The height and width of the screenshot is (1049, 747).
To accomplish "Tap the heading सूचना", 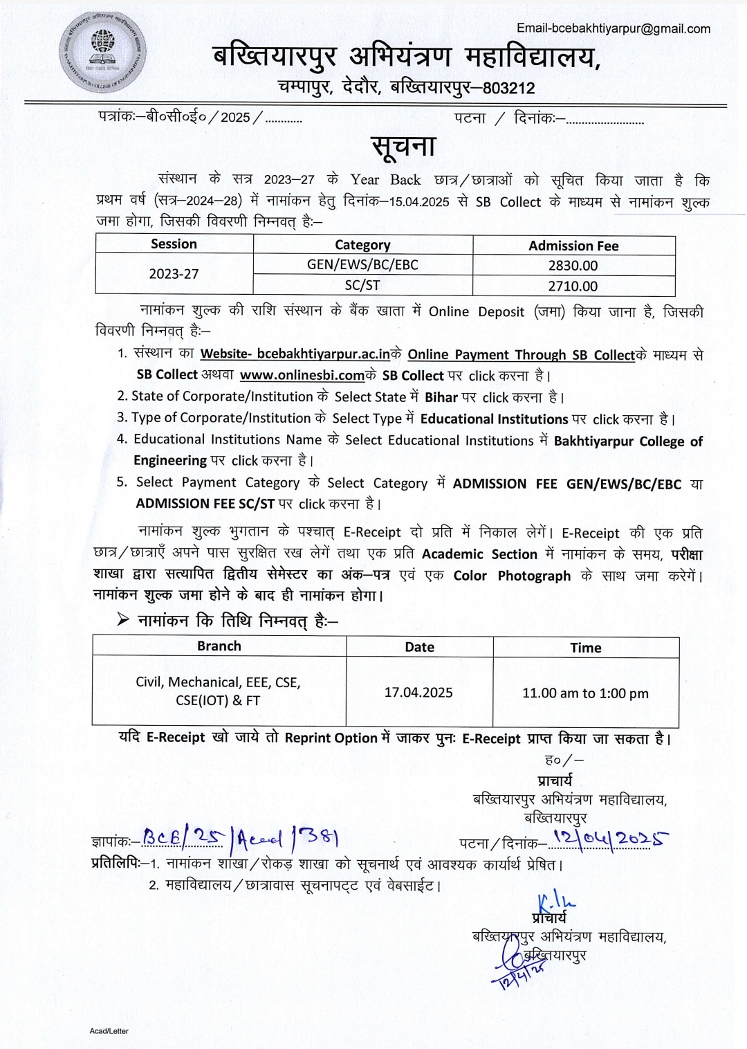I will click(404, 146).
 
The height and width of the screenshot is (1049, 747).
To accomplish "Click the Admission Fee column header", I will click(573, 246).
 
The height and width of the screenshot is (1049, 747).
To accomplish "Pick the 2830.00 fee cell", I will click(573, 266).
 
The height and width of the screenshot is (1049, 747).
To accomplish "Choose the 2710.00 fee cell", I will click(573, 286).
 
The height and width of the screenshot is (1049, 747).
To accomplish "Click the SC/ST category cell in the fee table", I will click(362, 285).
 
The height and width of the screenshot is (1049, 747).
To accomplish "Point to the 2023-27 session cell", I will click(174, 274).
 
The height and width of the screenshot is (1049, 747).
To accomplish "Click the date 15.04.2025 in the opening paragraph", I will click(419, 202).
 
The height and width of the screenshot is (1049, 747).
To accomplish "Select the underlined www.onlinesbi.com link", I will click(302, 376).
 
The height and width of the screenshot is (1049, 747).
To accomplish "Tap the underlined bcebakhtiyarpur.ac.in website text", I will click(323, 354).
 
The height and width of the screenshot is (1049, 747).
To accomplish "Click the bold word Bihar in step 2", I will click(441, 397).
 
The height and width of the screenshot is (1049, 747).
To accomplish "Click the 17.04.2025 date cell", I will click(418, 692).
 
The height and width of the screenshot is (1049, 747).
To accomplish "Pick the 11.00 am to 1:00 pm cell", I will click(585, 693).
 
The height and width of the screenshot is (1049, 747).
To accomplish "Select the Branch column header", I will click(219, 646).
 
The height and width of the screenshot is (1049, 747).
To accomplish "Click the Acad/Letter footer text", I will click(109, 1031).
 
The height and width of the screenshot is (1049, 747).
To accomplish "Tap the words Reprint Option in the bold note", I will click(331, 738).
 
